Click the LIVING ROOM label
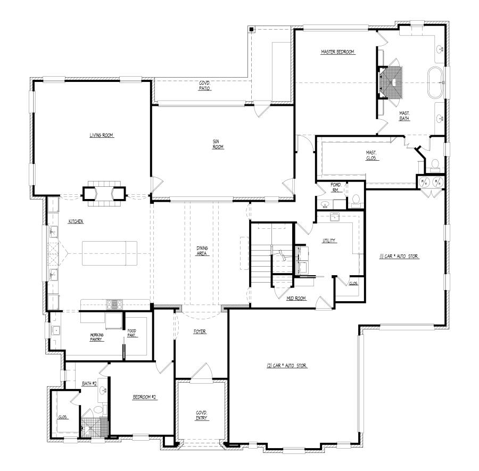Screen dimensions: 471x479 [x=102, y=135]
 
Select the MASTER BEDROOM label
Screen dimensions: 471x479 [x=337, y=52]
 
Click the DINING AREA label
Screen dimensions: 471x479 [x=202, y=250]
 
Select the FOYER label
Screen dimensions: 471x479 [x=200, y=332]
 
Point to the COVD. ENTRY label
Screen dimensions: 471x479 [x=201, y=415]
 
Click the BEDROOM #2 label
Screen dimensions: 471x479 [x=144, y=397]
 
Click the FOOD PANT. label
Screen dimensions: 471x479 [x=131, y=333]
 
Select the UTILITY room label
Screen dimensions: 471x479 [x=329, y=241]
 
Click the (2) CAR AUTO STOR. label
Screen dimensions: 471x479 [x=288, y=366]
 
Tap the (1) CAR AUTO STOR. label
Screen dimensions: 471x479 [x=400, y=257]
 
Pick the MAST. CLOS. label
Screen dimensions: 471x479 [x=371, y=155]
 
